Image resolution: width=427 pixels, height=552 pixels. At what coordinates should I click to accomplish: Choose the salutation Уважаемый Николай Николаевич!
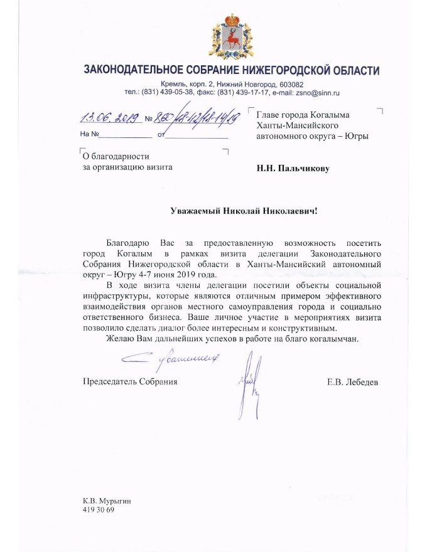[244, 211]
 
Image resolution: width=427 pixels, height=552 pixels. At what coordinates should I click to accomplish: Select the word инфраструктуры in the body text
[113, 295]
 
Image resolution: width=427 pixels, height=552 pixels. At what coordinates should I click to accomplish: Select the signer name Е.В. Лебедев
[353, 381]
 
